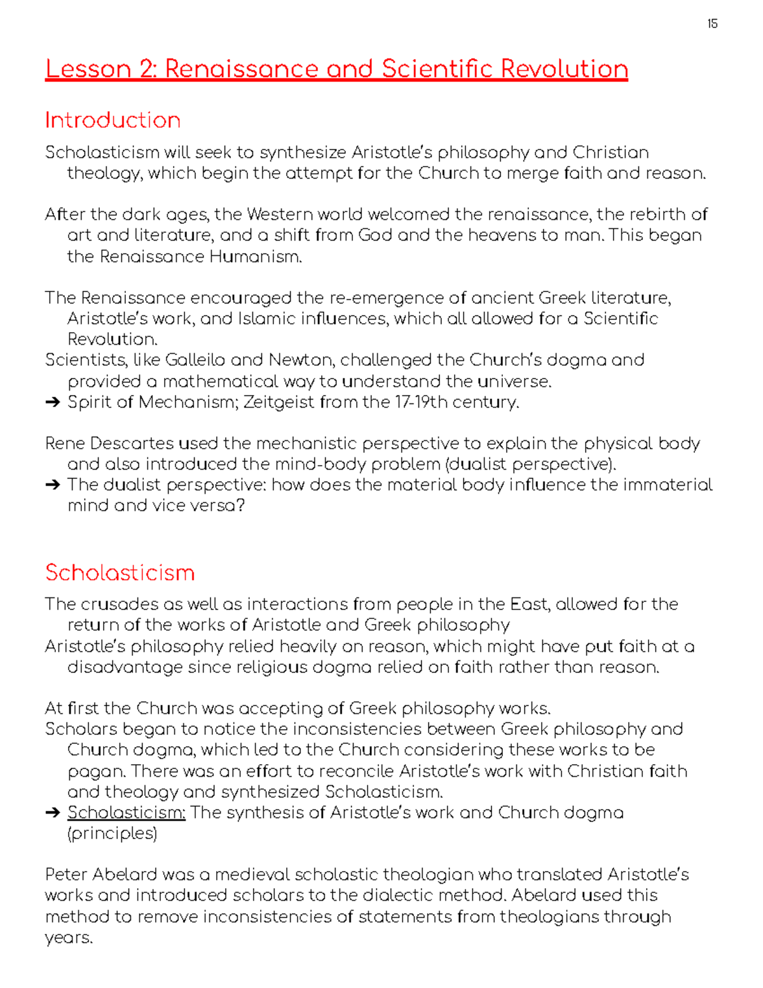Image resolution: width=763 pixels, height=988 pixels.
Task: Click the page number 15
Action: click(x=712, y=24)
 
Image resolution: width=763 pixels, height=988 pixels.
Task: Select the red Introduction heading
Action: click(x=113, y=120)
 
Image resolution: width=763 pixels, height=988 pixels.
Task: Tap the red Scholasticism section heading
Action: click(x=120, y=573)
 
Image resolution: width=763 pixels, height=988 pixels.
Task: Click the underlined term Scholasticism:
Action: click(x=127, y=813)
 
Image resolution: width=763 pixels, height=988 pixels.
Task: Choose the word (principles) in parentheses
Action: click(x=112, y=833)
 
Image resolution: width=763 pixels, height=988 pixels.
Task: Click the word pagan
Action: click(x=95, y=772)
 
